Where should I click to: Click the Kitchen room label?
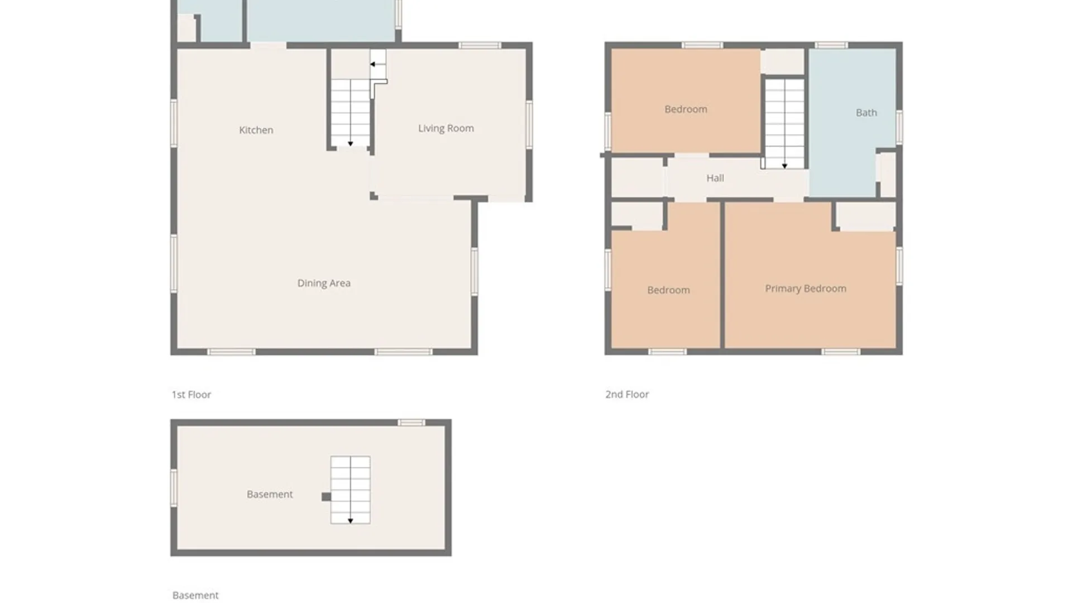(x=256, y=130)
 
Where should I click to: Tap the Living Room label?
(x=446, y=128)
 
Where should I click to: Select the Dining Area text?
(x=324, y=283)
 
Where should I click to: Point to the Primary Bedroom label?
(x=806, y=289)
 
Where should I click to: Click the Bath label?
(x=867, y=113)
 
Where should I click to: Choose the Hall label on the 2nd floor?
(x=715, y=178)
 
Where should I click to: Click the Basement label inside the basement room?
(x=270, y=494)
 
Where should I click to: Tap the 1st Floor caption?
(x=191, y=395)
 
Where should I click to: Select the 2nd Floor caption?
(x=627, y=394)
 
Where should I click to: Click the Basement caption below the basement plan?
(x=195, y=595)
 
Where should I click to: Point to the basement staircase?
(x=350, y=490)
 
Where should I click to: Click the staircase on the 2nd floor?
(x=784, y=123)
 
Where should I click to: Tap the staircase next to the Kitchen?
(x=351, y=113)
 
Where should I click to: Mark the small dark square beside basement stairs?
(x=326, y=497)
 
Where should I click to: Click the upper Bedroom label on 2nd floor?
(x=686, y=109)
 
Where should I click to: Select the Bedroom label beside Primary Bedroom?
(x=668, y=290)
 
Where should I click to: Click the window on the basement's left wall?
(x=174, y=488)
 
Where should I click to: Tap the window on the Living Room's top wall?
(x=480, y=45)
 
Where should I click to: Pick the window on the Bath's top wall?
(x=831, y=45)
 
